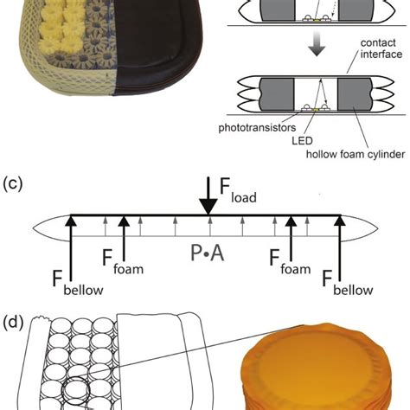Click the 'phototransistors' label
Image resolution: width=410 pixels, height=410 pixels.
point(257,128)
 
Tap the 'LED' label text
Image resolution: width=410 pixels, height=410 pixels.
point(302,141)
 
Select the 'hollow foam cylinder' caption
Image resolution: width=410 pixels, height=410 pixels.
point(356,154)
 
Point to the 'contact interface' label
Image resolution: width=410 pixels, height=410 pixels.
point(381,48)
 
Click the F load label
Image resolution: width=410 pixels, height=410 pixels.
point(238,190)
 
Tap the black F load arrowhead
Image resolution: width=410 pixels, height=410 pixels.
point(208,207)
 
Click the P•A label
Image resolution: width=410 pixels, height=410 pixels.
point(208,253)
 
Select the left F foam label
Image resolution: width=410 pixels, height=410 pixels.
point(123,262)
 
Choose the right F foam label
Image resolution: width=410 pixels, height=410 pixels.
point(290,262)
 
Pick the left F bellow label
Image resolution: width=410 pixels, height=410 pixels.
point(78,283)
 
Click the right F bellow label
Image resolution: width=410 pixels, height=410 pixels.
point(348,283)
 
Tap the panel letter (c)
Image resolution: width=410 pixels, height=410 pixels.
point(13,183)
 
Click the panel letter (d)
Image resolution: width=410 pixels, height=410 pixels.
point(13,323)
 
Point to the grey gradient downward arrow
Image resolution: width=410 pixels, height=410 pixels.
point(317,43)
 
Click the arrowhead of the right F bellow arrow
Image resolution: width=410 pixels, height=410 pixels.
point(340,221)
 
